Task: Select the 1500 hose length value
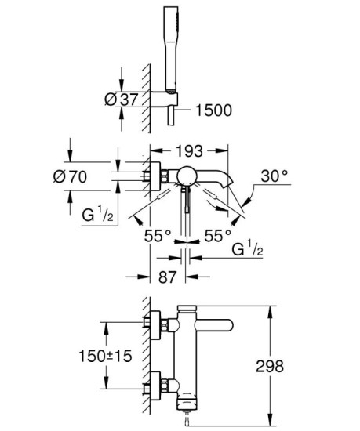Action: click(x=213, y=110)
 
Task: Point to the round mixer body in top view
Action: click(x=186, y=176)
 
